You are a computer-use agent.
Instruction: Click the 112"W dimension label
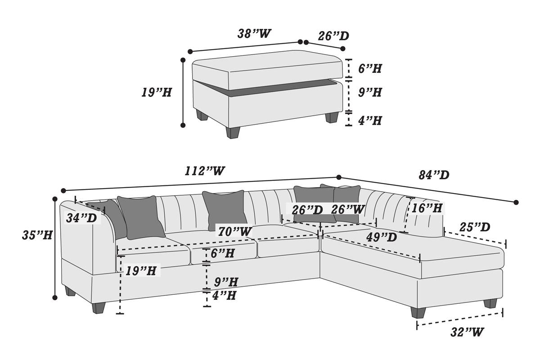pos(205,171)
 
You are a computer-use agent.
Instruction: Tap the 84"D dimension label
pos(434,175)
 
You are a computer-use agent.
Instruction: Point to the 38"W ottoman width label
pos(255,34)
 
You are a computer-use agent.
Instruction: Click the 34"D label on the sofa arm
pos(81,218)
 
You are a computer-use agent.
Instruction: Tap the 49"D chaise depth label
pos(382,237)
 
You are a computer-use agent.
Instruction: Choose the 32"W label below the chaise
pos(467,332)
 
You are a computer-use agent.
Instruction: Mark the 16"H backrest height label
pos(427,208)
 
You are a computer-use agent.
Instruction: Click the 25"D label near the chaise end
pos(475,227)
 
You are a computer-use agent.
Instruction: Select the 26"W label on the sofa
pos(348,209)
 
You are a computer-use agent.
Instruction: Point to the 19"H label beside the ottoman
pos(156,93)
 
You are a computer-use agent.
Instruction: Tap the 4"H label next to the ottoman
pos(369,121)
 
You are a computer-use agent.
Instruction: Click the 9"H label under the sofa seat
pos(226,282)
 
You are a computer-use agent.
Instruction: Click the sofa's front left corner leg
pos(98,308)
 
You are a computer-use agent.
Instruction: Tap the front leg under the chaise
pos(418,312)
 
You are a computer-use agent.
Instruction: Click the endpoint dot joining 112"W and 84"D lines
pos(339,177)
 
